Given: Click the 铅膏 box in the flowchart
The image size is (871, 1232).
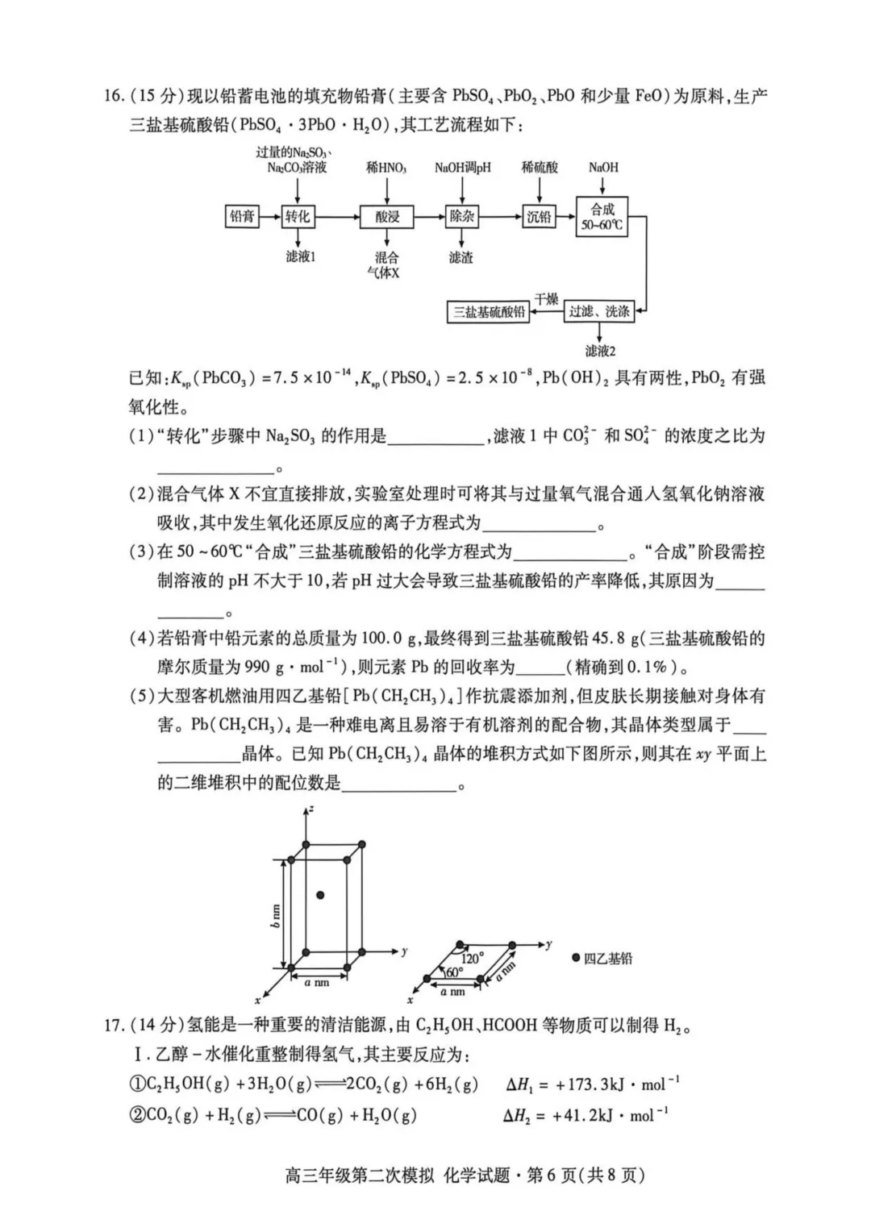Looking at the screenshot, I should point(242,216).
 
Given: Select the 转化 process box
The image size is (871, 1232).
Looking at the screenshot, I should point(297,216).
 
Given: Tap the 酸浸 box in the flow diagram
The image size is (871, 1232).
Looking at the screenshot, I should point(387,217).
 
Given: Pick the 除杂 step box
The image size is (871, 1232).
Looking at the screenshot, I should point(462,216).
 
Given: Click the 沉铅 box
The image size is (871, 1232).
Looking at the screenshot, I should point(539,216).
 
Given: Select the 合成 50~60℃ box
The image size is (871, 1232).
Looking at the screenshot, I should point(602,216).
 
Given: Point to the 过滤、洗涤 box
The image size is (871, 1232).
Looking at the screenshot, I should point(599,311).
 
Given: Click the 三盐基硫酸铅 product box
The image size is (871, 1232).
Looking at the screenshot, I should point(489,312).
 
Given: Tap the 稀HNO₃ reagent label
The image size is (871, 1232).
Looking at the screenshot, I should point(386,168).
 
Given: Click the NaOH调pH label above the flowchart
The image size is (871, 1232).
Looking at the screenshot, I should point(462,168).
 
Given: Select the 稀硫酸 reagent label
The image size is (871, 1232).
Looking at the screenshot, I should point(540,167).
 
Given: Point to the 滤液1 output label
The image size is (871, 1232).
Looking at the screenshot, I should point(300,256).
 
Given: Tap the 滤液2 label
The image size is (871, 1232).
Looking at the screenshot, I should point(600,351).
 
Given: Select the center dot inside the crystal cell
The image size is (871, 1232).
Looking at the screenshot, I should point(320,895).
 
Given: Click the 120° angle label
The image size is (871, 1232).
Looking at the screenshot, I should point(471,959).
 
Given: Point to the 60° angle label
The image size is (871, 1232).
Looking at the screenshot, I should point(454,972).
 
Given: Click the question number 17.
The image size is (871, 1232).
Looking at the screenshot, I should point(114,1026).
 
